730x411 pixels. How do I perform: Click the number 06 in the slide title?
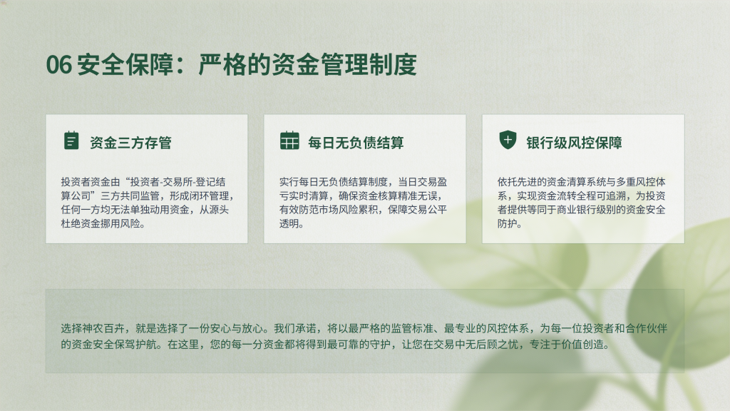[59, 64]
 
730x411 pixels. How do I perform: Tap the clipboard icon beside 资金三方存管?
[71, 141]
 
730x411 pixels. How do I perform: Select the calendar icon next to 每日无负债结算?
[289, 141]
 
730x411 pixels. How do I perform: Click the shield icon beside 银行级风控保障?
[508, 140]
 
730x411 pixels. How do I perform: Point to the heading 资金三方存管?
[131, 143]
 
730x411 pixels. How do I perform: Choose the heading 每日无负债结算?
[356, 143]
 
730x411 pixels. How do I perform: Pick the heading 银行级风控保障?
[574, 143]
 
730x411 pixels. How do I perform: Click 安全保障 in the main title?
[125, 64]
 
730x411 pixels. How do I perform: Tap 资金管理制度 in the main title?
[344, 64]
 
